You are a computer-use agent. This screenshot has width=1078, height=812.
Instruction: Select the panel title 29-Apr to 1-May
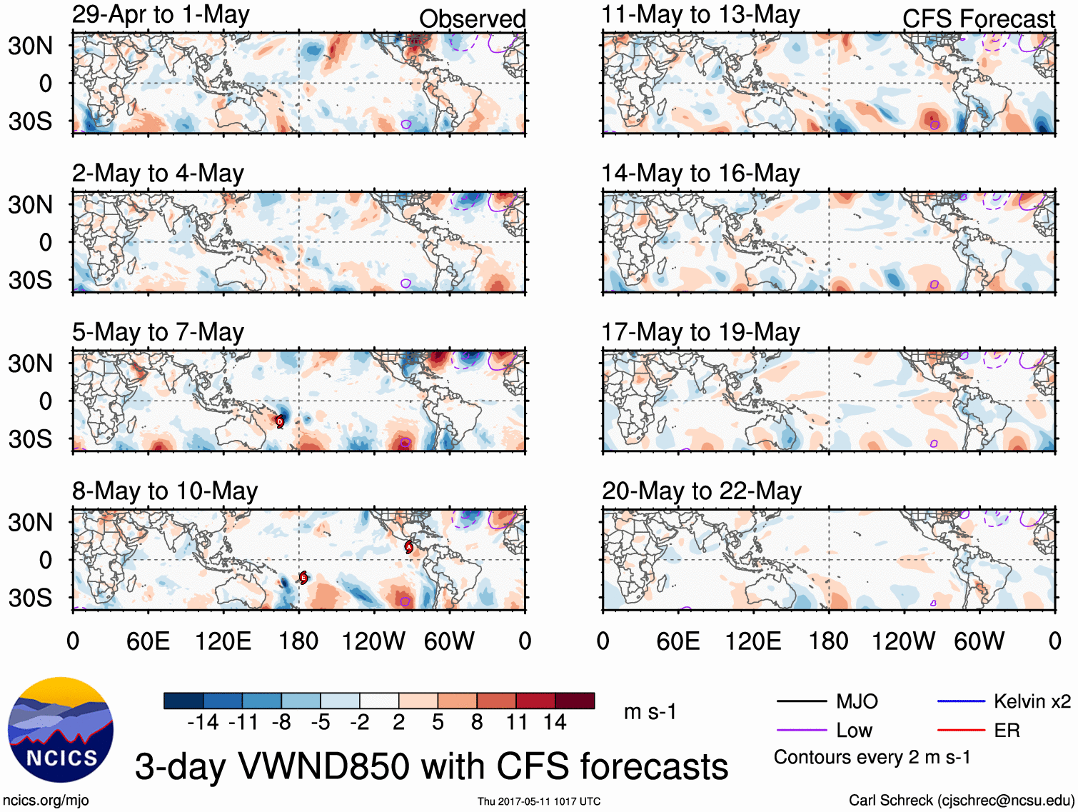pos(161,14)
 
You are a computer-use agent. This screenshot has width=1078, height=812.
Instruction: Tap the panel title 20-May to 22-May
pos(701,491)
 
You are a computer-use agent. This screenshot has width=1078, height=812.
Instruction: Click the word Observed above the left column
pos(472,19)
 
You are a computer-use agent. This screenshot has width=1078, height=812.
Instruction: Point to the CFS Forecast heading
pos(978,19)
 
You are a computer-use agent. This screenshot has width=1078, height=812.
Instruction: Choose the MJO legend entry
pos(857,701)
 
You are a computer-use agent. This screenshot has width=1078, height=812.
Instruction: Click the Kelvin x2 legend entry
pos(1032,701)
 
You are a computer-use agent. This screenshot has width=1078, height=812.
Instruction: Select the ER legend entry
pos(1007,730)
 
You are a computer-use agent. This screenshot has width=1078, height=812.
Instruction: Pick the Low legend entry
pos(854,730)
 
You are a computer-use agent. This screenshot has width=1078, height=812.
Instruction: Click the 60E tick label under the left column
pos(148,641)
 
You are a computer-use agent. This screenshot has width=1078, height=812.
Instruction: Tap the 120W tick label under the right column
pos(903,641)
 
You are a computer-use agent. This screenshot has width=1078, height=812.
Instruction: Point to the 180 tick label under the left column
pos(298,641)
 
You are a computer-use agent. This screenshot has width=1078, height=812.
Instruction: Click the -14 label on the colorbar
pos(203,723)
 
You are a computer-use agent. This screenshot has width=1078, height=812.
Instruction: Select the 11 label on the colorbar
pos(517,723)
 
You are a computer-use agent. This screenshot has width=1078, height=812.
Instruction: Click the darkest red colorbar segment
pos(575,701)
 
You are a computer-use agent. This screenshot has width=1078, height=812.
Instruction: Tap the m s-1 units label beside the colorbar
pos(650,711)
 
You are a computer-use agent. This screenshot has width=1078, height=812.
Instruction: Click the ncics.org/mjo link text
pos(46,801)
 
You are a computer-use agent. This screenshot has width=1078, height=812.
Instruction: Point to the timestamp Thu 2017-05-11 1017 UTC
pos(539,801)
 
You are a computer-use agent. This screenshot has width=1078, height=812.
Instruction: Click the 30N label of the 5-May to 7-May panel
pos(31,364)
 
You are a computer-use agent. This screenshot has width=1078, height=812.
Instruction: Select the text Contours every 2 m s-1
pos(872,757)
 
